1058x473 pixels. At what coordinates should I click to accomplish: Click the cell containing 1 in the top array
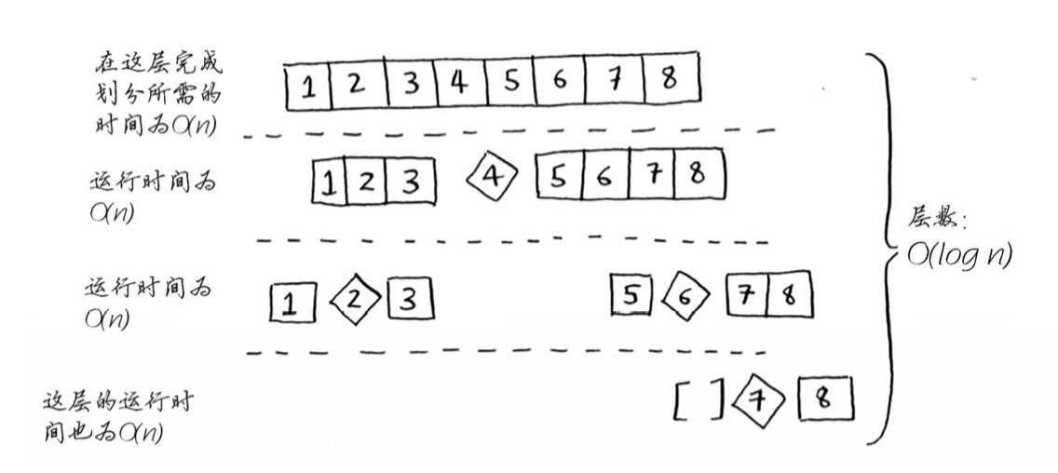click(x=306, y=87)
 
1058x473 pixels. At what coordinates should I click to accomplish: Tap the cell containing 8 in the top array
click(x=669, y=80)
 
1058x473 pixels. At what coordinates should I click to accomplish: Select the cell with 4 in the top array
click(x=457, y=84)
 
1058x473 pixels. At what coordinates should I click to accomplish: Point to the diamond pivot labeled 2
click(x=354, y=300)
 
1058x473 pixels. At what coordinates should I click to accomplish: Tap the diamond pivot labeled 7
click(x=759, y=400)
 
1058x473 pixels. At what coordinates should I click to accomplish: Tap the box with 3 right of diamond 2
click(x=410, y=300)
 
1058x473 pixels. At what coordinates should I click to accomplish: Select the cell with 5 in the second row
click(x=559, y=177)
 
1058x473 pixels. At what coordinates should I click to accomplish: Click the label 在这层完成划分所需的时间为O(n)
click(x=158, y=93)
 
